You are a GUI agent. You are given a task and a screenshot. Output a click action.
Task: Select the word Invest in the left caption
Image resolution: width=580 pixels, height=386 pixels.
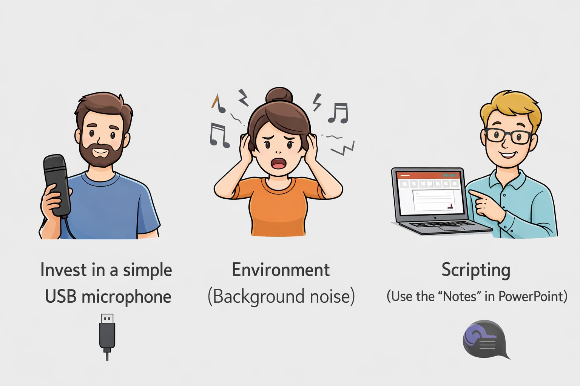tap(58, 270)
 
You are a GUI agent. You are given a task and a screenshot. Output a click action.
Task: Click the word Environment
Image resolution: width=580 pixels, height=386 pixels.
tap(281, 270)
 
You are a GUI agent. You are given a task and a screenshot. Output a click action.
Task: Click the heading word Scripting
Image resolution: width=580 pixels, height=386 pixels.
tap(476, 270)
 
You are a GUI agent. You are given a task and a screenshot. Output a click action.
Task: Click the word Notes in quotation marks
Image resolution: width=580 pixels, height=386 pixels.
tap(460, 297)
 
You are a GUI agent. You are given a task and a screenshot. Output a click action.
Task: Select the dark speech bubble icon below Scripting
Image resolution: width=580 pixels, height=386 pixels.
tap(485, 339)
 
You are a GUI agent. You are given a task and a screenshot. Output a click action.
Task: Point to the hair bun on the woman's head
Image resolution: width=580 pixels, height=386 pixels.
tap(279, 95)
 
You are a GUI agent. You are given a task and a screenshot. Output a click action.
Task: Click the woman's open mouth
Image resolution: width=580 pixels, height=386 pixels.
tap(279, 163)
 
